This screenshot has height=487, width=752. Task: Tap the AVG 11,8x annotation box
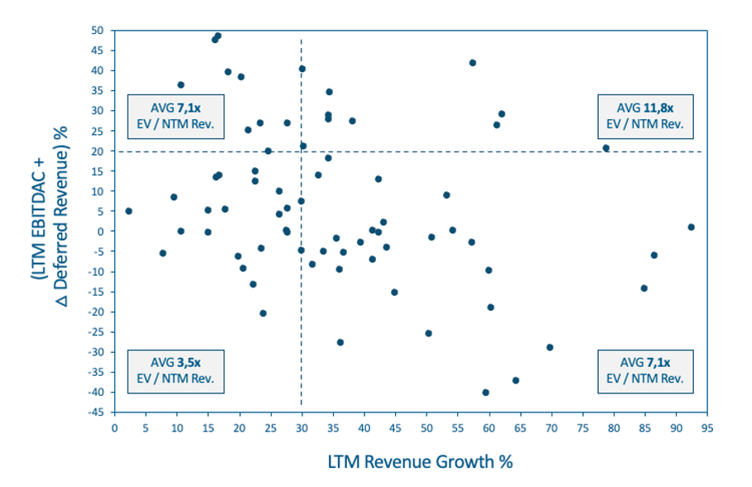point(645,116)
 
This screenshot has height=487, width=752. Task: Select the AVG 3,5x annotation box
point(175,370)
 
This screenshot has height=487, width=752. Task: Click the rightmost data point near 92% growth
point(691,227)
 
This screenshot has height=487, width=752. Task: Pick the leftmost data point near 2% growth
point(128,211)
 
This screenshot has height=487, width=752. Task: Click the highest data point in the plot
point(218,36)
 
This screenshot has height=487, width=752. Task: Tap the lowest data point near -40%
point(485,393)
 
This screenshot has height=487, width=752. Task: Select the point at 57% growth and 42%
point(473,63)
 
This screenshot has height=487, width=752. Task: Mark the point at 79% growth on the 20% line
point(605,148)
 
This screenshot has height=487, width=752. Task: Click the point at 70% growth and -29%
point(550,348)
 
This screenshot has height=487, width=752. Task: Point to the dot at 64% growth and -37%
point(515,380)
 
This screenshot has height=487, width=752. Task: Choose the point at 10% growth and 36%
point(181,84)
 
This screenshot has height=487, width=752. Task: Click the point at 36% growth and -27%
point(340,342)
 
